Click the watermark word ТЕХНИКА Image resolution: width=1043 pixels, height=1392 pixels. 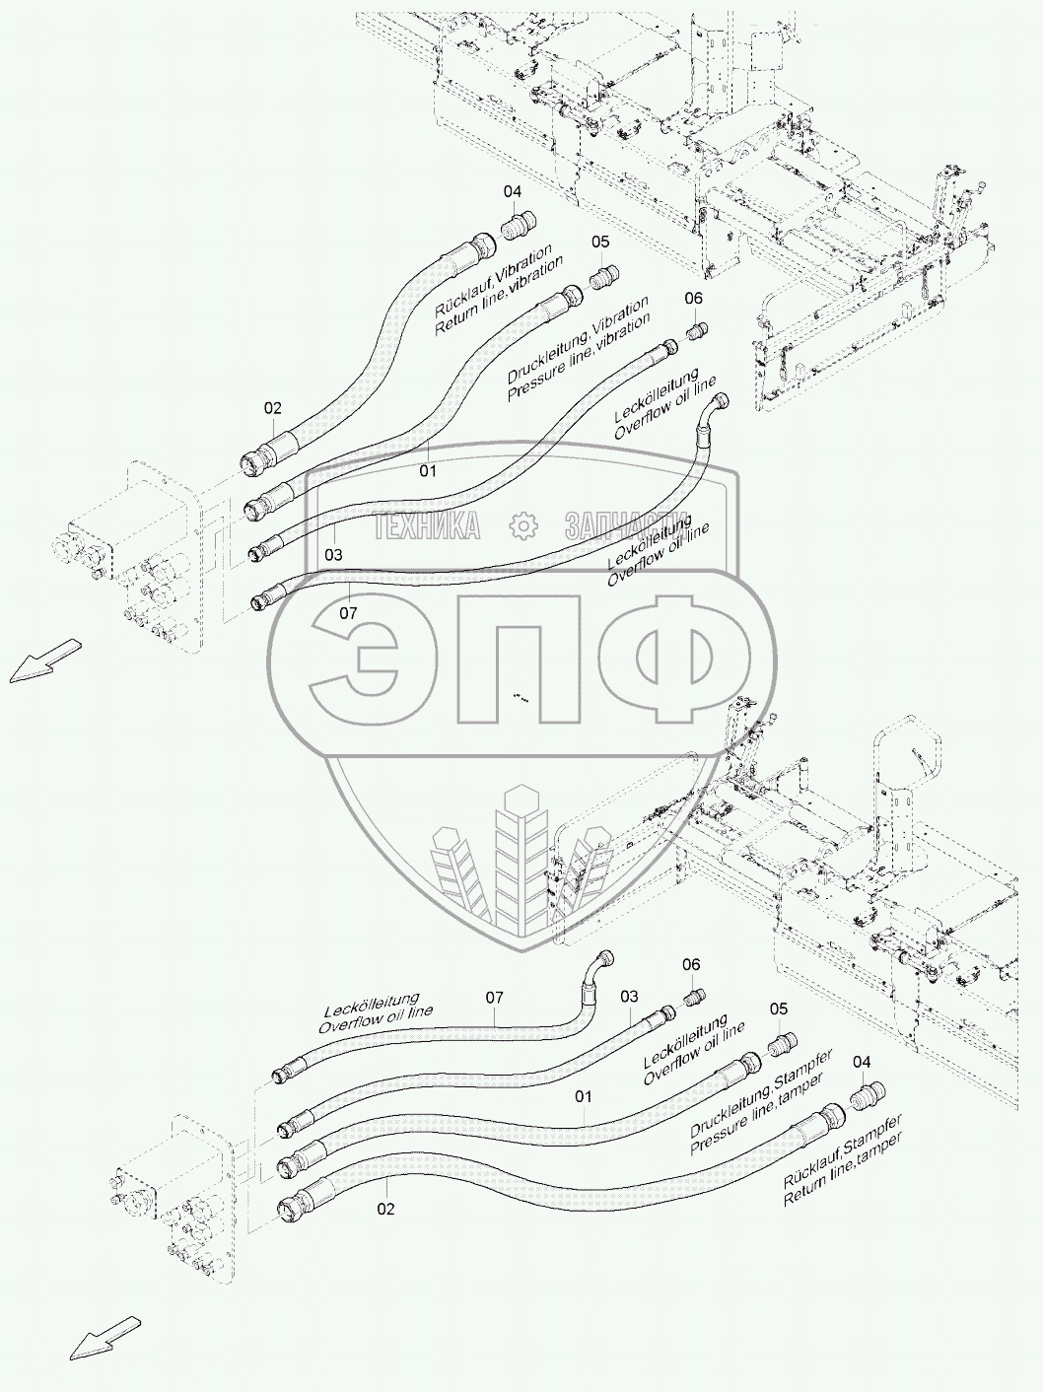pyautogui.click(x=427, y=526)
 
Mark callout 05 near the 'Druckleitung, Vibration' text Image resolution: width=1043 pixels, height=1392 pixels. pyautogui.click(x=600, y=242)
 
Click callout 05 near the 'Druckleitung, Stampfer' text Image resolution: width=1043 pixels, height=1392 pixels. pyautogui.click(x=779, y=1009)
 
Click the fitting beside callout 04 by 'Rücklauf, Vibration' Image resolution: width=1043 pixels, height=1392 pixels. pyautogui.click(x=517, y=228)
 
